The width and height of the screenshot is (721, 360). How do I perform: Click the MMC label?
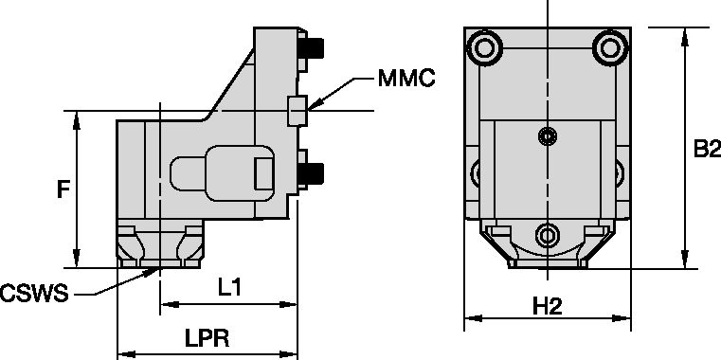[406, 79]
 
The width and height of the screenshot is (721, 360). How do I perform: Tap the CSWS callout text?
[34, 294]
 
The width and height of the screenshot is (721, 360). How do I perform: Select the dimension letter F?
[63, 189]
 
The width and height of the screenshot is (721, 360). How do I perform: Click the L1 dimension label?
[229, 288]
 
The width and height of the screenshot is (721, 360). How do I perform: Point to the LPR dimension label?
[207, 339]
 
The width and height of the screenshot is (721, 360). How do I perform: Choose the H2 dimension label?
[548, 306]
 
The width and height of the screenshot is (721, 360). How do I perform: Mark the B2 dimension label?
[707, 149]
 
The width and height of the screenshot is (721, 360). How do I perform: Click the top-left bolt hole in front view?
[484, 47]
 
